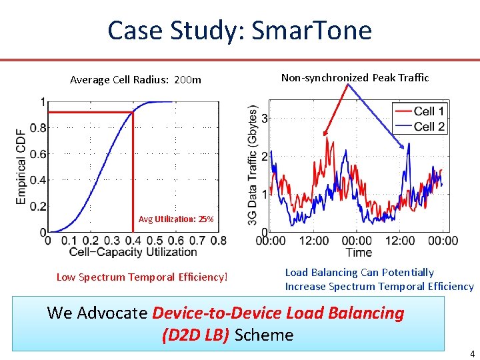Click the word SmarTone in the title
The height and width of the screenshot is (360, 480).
[311, 30]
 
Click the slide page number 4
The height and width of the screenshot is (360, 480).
[473, 353]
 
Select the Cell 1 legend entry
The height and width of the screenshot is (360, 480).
[419, 111]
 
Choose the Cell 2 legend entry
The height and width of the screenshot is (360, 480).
[419, 126]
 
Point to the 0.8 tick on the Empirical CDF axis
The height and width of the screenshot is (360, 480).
[38, 127]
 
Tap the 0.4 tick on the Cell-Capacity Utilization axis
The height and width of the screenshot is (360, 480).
[133, 241]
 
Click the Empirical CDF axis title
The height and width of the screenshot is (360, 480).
[21, 167]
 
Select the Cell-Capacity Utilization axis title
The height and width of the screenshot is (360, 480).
[133, 252]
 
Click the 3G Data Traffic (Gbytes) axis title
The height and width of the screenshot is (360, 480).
[252, 165]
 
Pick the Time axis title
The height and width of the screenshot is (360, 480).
[359, 253]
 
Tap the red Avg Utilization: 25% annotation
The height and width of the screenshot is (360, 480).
[176, 219]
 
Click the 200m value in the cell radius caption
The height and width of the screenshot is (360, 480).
[187, 80]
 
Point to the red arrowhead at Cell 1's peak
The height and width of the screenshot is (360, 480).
[325, 133]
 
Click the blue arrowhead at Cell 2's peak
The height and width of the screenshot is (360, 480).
[402, 147]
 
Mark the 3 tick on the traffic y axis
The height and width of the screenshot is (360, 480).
[265, 118]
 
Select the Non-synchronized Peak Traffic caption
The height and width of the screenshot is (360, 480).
[355, 78]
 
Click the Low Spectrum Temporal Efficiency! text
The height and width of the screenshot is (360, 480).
[142, 277]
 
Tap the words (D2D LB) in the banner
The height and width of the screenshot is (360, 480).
[195, 335]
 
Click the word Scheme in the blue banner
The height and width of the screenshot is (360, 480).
[264, 335]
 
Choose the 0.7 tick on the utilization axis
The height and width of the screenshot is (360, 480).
[197, 241]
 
